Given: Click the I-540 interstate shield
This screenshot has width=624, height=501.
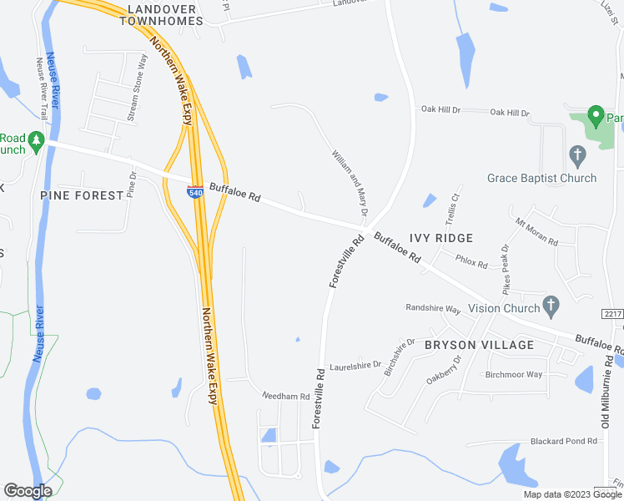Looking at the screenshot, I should click(x=194, y=192).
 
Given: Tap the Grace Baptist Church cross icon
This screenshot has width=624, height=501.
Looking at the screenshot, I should click(x=576, y=155).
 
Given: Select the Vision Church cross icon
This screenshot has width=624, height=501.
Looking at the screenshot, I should click(x=550, y=306).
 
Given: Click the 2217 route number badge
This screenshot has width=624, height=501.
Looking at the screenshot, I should click(x=612, y=312).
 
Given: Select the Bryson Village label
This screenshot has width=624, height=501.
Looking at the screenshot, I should click(x=479, y=345).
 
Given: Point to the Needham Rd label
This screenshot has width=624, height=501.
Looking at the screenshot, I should click(x=286, y=396).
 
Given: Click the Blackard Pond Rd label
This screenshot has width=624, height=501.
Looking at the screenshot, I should click(x=565, y=441).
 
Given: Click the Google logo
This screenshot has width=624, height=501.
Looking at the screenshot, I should click(x=28, y=491).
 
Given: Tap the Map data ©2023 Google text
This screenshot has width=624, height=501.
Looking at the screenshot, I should click(x=571, y=493).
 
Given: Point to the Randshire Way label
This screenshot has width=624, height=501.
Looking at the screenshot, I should click(x=433, y=309).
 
